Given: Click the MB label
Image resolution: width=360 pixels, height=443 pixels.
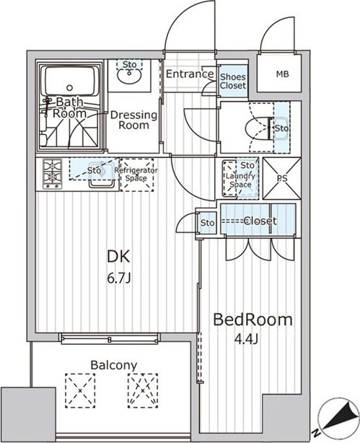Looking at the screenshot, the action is pyautogui.click(x=282, y=74).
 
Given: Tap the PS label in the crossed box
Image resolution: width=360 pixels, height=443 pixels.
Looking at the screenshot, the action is pyautogui.click(x=282, y=178).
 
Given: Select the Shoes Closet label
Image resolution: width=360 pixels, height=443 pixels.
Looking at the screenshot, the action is pyautogui.click(x=233, y=81).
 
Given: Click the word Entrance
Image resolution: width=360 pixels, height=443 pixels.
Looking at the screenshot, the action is pyautogui.click(x=190, y=74).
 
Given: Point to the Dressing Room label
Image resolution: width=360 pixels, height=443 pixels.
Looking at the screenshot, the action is pyautogui.click(x=133, y=120).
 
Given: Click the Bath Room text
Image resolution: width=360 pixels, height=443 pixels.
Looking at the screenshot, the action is pyautogui.click(x=69, y=108).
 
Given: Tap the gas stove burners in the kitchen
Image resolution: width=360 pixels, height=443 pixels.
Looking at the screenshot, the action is pyautogui.click(x=52, y=173).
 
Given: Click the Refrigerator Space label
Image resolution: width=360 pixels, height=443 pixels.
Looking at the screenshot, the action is pyautogui.click(x=136, y=175).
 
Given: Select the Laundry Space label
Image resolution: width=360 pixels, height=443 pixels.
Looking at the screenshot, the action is pyautogui.click(x=240, y=180).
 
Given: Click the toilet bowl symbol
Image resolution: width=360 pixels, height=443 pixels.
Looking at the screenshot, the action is pyautogui.click(x=258, y=128).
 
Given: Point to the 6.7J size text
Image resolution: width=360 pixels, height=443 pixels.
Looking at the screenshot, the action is pyautogui.click(x=119, y=278).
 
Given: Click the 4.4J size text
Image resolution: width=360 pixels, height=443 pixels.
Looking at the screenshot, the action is pyautogui.click(x=246, y=340).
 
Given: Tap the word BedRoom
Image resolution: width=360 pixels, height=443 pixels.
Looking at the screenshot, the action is pyautogui.click(x=253, y=320).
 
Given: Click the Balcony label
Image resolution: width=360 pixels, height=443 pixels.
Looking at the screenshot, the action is pyautogui.click(x=113, y=365).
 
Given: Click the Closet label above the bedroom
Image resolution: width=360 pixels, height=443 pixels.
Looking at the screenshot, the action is pyautogui.click(x=260, y=221).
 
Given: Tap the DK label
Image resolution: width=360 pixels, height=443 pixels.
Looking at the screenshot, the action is pyautogui.click(x=119, y=257).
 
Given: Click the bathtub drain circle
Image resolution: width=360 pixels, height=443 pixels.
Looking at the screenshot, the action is pyautogui.click(x=69, y=87).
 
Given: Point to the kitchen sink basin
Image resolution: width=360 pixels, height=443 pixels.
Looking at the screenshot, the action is pyautogui.click(x=102, y=175).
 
